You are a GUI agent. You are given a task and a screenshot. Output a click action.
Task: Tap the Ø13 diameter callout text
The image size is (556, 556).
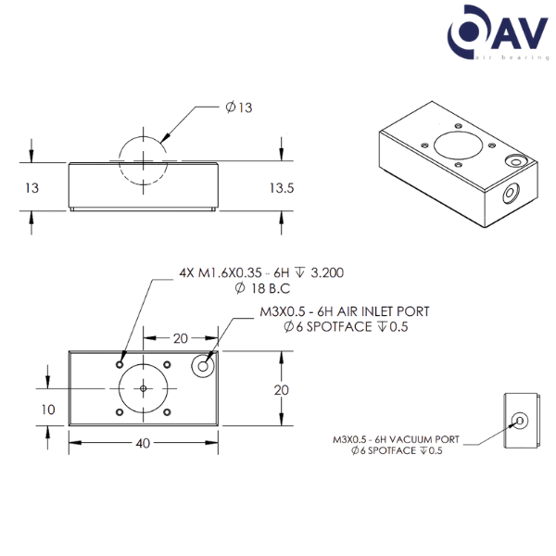coord(238,107)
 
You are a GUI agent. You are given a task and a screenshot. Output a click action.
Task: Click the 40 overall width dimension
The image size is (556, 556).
coord(143,443)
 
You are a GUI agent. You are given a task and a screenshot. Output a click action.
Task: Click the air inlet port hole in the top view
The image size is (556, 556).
coord(201,367)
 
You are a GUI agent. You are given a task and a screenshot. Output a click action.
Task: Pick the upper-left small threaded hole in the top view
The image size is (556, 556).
coord(119,363)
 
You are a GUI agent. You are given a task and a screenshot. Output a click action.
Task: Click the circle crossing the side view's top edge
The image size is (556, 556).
coord(143,161)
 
